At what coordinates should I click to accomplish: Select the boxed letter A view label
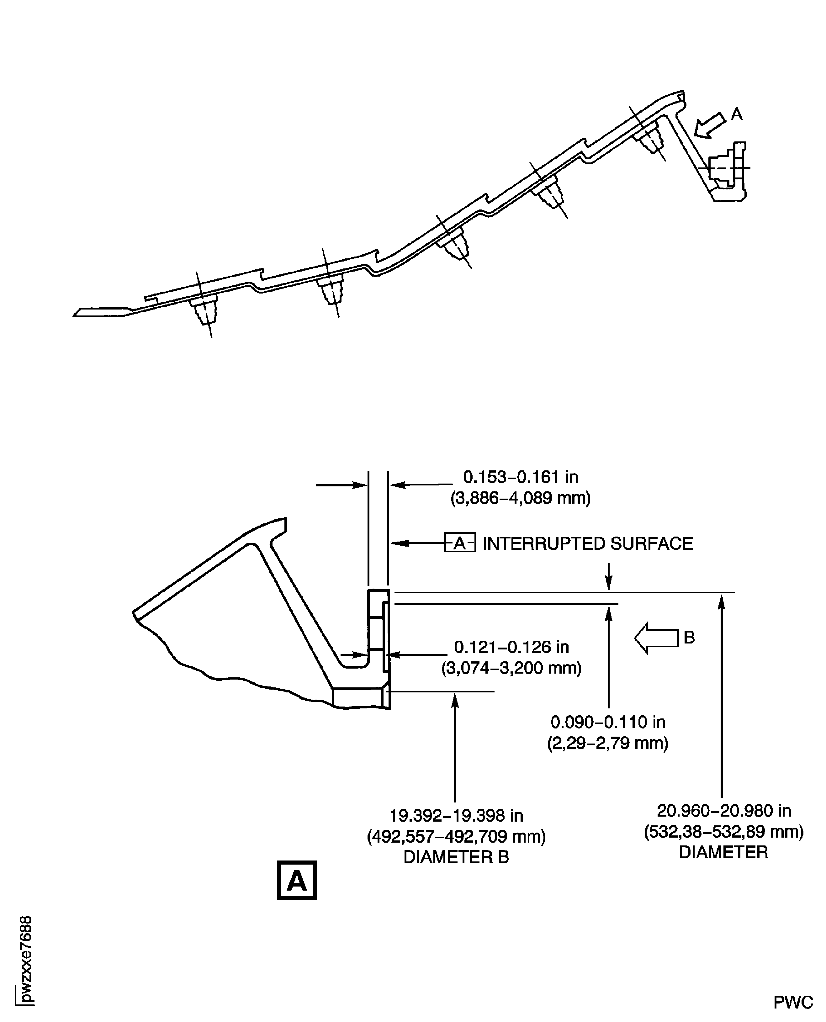[296, 880]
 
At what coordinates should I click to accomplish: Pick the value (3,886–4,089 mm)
[521, 498]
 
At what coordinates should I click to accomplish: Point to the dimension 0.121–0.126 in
[511, 647]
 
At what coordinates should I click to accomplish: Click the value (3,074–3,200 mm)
[511, 668]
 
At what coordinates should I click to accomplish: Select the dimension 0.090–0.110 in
[608, 722]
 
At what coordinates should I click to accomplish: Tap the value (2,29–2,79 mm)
[608, 743]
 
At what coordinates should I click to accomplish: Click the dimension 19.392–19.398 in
[456, 816]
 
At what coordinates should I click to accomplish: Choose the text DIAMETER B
[456, 857]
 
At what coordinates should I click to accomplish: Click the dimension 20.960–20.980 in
[724, 810]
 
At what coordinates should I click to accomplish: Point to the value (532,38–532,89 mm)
[724, 831]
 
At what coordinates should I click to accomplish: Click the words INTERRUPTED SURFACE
[588, 543]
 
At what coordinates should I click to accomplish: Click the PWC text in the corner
[793, 1003]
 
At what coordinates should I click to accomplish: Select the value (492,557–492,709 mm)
[456, 836]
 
